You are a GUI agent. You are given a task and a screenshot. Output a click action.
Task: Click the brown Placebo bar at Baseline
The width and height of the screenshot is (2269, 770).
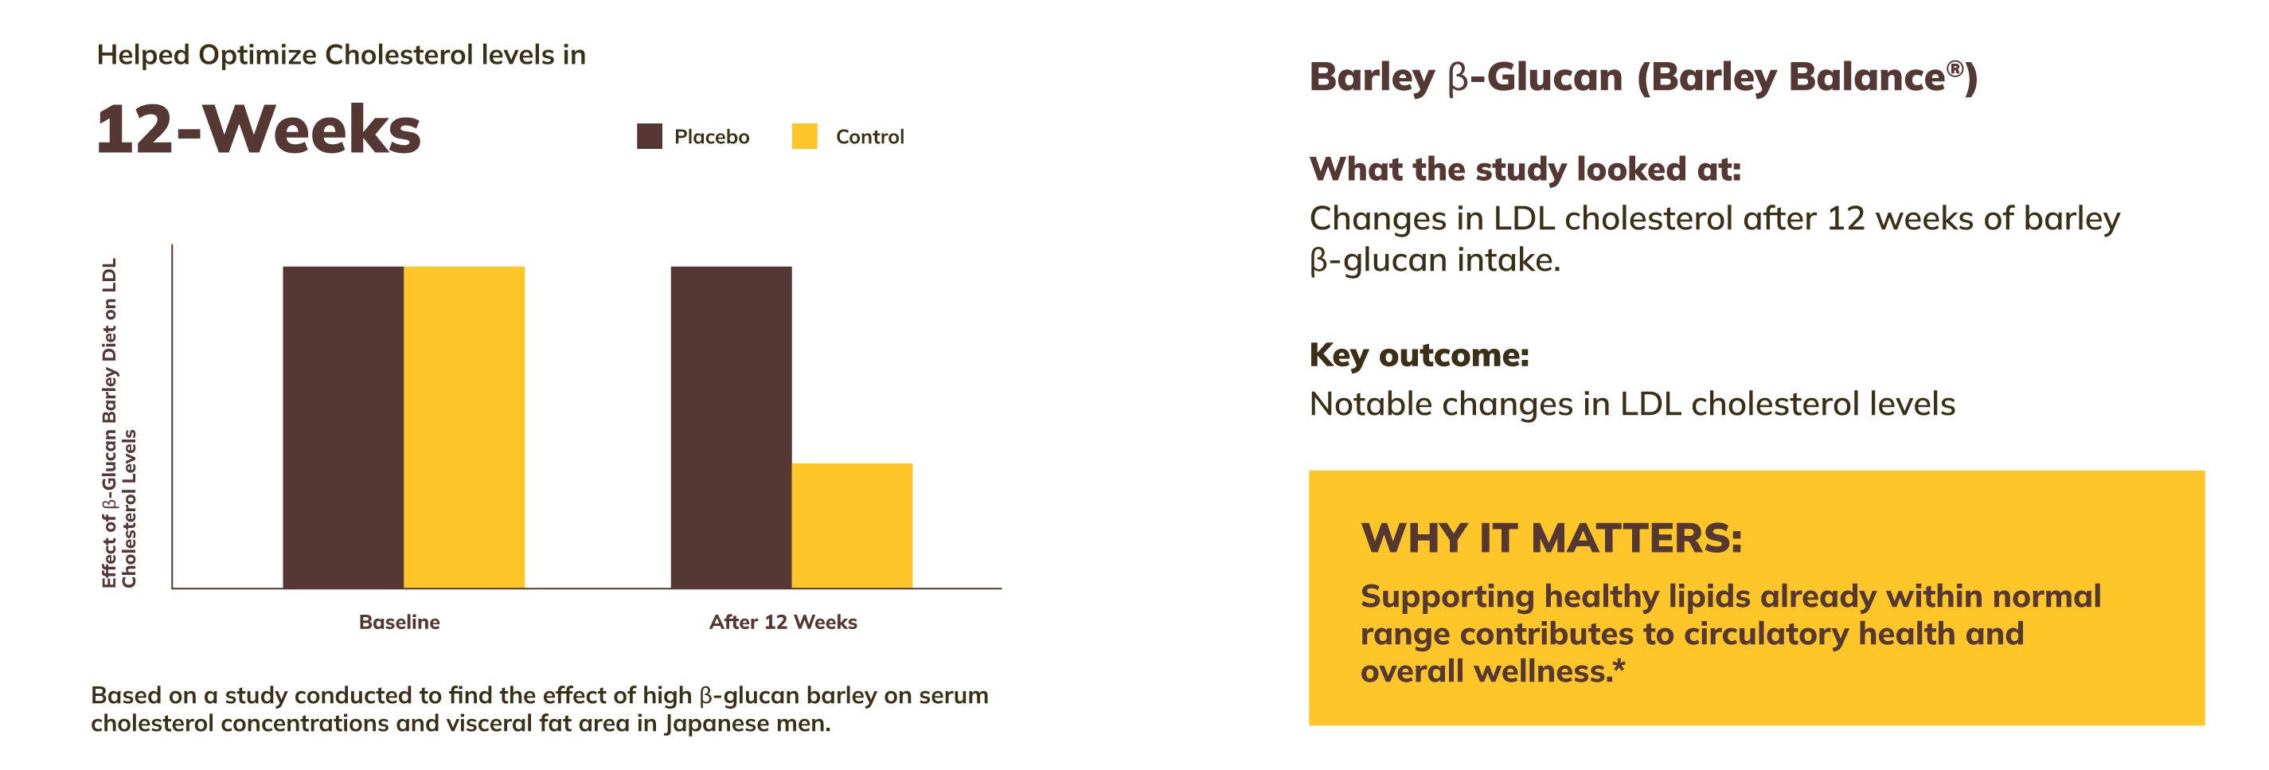(x=343, y=428)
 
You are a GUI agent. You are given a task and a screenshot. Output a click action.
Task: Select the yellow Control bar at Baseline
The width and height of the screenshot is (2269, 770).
(x=464, y=428)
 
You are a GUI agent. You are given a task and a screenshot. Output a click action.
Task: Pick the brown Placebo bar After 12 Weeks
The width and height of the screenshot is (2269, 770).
(x=731, y=428)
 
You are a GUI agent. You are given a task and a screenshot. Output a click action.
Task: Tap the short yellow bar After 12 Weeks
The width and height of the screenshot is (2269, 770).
(x=852, y=526)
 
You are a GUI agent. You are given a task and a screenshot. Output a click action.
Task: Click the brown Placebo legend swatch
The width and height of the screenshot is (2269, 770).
(x=649, y=136)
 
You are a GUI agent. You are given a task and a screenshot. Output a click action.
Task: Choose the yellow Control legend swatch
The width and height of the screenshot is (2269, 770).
(x=804, y=136)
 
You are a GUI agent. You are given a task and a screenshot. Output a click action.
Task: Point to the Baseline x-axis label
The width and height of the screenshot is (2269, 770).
(x=399, y=622)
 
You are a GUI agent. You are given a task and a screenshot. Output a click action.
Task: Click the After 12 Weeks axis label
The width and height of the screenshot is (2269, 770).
(x=783, y=622)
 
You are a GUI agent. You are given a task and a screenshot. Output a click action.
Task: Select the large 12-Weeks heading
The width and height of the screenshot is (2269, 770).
(x=258, y=130)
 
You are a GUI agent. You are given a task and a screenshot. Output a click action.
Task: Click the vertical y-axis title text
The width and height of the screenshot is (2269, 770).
(x=119, y=423)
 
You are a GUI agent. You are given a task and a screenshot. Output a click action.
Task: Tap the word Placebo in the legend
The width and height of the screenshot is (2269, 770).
(x=712, y=136)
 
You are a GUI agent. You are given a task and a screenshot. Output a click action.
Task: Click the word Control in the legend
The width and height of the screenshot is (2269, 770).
(x=870, y=136)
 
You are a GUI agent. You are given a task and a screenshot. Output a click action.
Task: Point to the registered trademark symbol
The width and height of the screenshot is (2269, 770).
(x=1955, y=68)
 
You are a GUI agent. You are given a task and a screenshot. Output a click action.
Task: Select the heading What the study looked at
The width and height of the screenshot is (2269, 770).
(x=1525, y=169)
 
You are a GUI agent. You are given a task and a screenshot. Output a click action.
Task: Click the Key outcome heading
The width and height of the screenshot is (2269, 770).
(x=1419, y=355)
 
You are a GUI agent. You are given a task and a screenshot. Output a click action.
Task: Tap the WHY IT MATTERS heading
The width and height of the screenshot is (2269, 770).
(x=1551, y=538)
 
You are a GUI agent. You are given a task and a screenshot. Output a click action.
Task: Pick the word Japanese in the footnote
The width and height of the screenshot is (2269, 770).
(x=714, y=724)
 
